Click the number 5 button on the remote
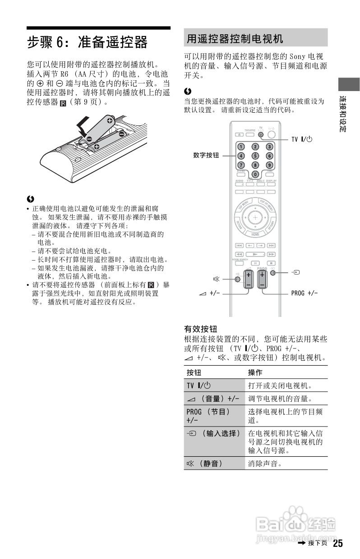coord(255,156)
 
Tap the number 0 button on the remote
coord(255,174)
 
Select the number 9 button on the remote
coord(269,165)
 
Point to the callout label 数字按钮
coord(206,156)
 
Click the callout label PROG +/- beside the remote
coord(304,293)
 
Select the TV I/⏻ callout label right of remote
coord(301,139)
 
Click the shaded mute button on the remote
coord(238,279)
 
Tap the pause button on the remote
coord(255,263)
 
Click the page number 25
coord(338,544)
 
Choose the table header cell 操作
coord(255,373)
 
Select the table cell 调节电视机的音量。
coord(280,399)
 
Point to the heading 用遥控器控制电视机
coord(235,39)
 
